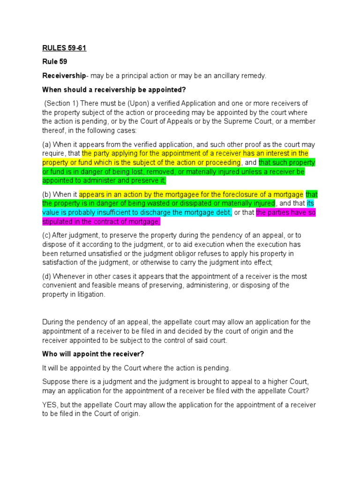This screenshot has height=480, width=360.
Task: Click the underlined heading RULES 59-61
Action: click(x=64, y=48)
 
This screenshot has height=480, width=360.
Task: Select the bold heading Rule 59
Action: click(x=55, y=62)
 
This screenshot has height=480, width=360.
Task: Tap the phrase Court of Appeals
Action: click(x=161, y=121)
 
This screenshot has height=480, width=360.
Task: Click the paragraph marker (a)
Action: click(x=47, y=144)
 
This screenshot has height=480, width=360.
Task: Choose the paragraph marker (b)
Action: click(x=47, y=195)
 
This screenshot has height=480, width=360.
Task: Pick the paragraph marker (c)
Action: click(x=47, y=235)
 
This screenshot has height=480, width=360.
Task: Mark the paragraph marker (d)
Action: click(x=47, y=277)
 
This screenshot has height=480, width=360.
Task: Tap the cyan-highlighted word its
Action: click(x=310, y=203)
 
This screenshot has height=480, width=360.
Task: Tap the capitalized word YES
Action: click(x=50, y=405)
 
